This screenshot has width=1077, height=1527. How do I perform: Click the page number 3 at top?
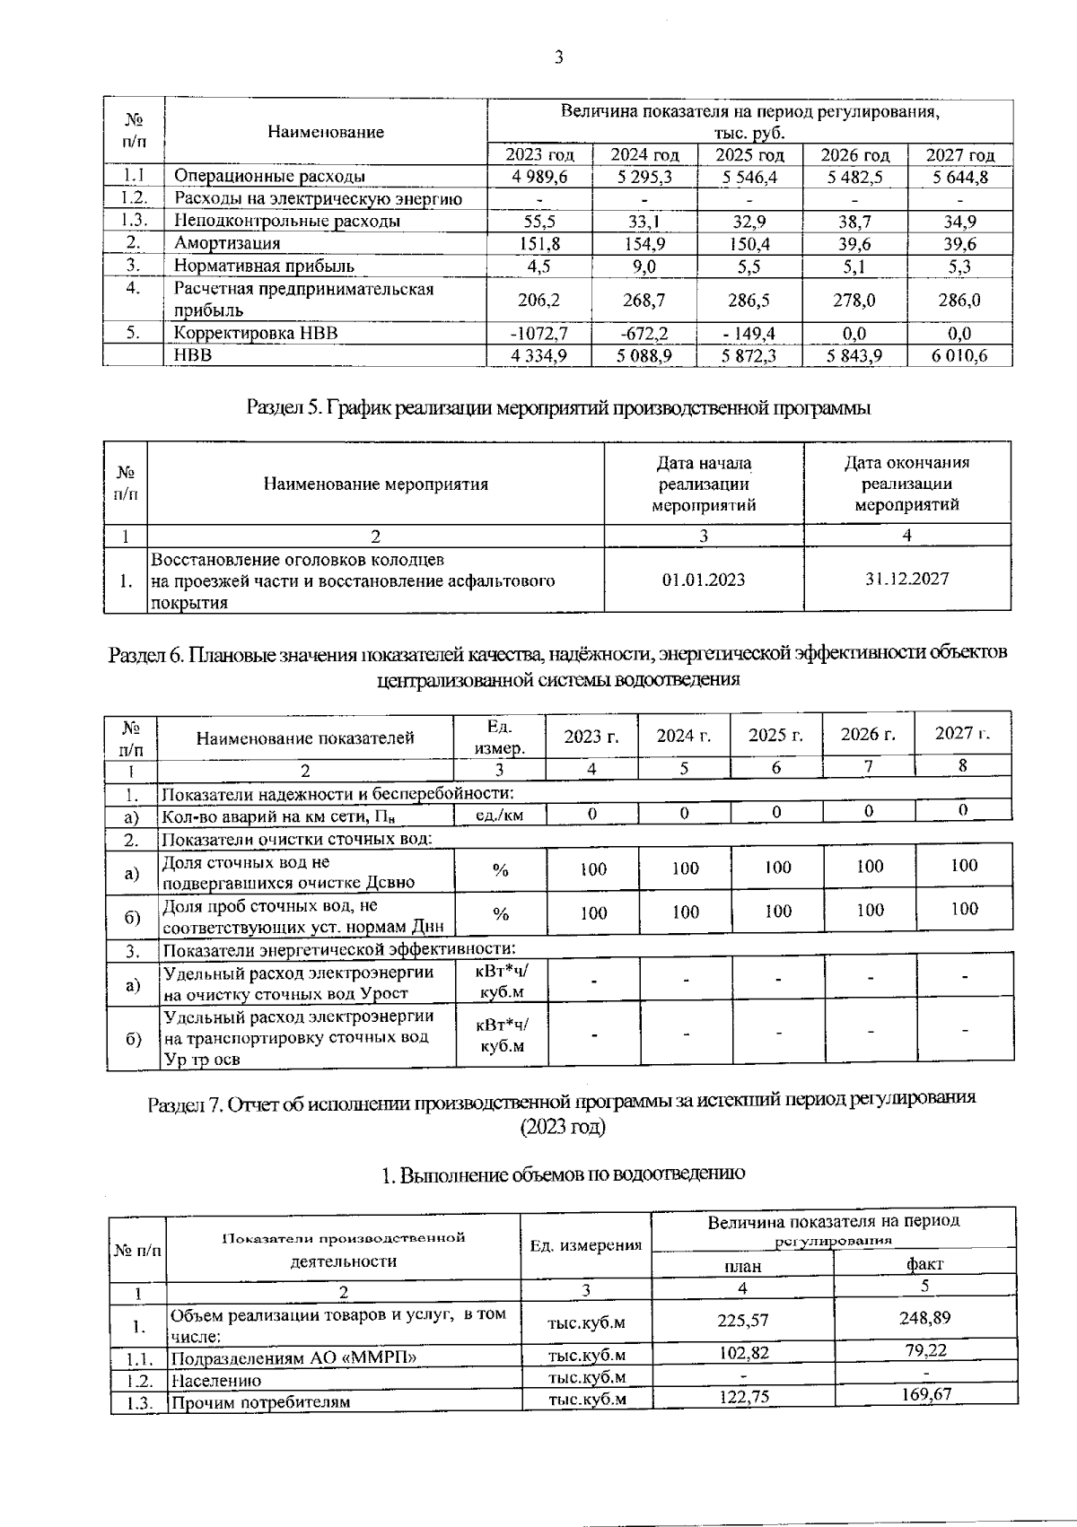tap(558, 58)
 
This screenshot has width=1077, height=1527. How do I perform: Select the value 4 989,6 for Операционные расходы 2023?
tap(539, 177)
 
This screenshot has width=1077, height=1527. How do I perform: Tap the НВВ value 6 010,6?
tap(959, 356)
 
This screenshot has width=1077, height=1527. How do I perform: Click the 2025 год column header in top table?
tap(749, 155)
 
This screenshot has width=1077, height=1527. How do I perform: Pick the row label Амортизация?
tap(227, 243)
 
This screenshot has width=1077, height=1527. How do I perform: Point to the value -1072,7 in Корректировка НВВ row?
tap(538, 334)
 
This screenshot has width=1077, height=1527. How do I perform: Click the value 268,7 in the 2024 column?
tap(644, 300)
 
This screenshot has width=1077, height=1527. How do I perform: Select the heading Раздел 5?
tap(558, 408)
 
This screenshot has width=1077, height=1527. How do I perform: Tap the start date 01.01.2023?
tap(704, 580)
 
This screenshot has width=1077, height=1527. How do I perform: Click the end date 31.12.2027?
tap(906, 579)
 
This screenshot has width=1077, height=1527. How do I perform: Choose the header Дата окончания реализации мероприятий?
tap(906, 484)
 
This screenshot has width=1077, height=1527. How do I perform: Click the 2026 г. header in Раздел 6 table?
tap(868, 735)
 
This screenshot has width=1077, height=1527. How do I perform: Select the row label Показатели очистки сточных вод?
tap(296, 840)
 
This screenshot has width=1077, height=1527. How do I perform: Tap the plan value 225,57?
tap(743, 1321)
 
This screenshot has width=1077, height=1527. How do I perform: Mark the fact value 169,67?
tap(925, 1394)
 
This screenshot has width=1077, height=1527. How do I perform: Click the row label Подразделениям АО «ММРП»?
tap(293, 1357)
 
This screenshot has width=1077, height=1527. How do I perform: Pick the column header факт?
tap(924, 1264)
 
